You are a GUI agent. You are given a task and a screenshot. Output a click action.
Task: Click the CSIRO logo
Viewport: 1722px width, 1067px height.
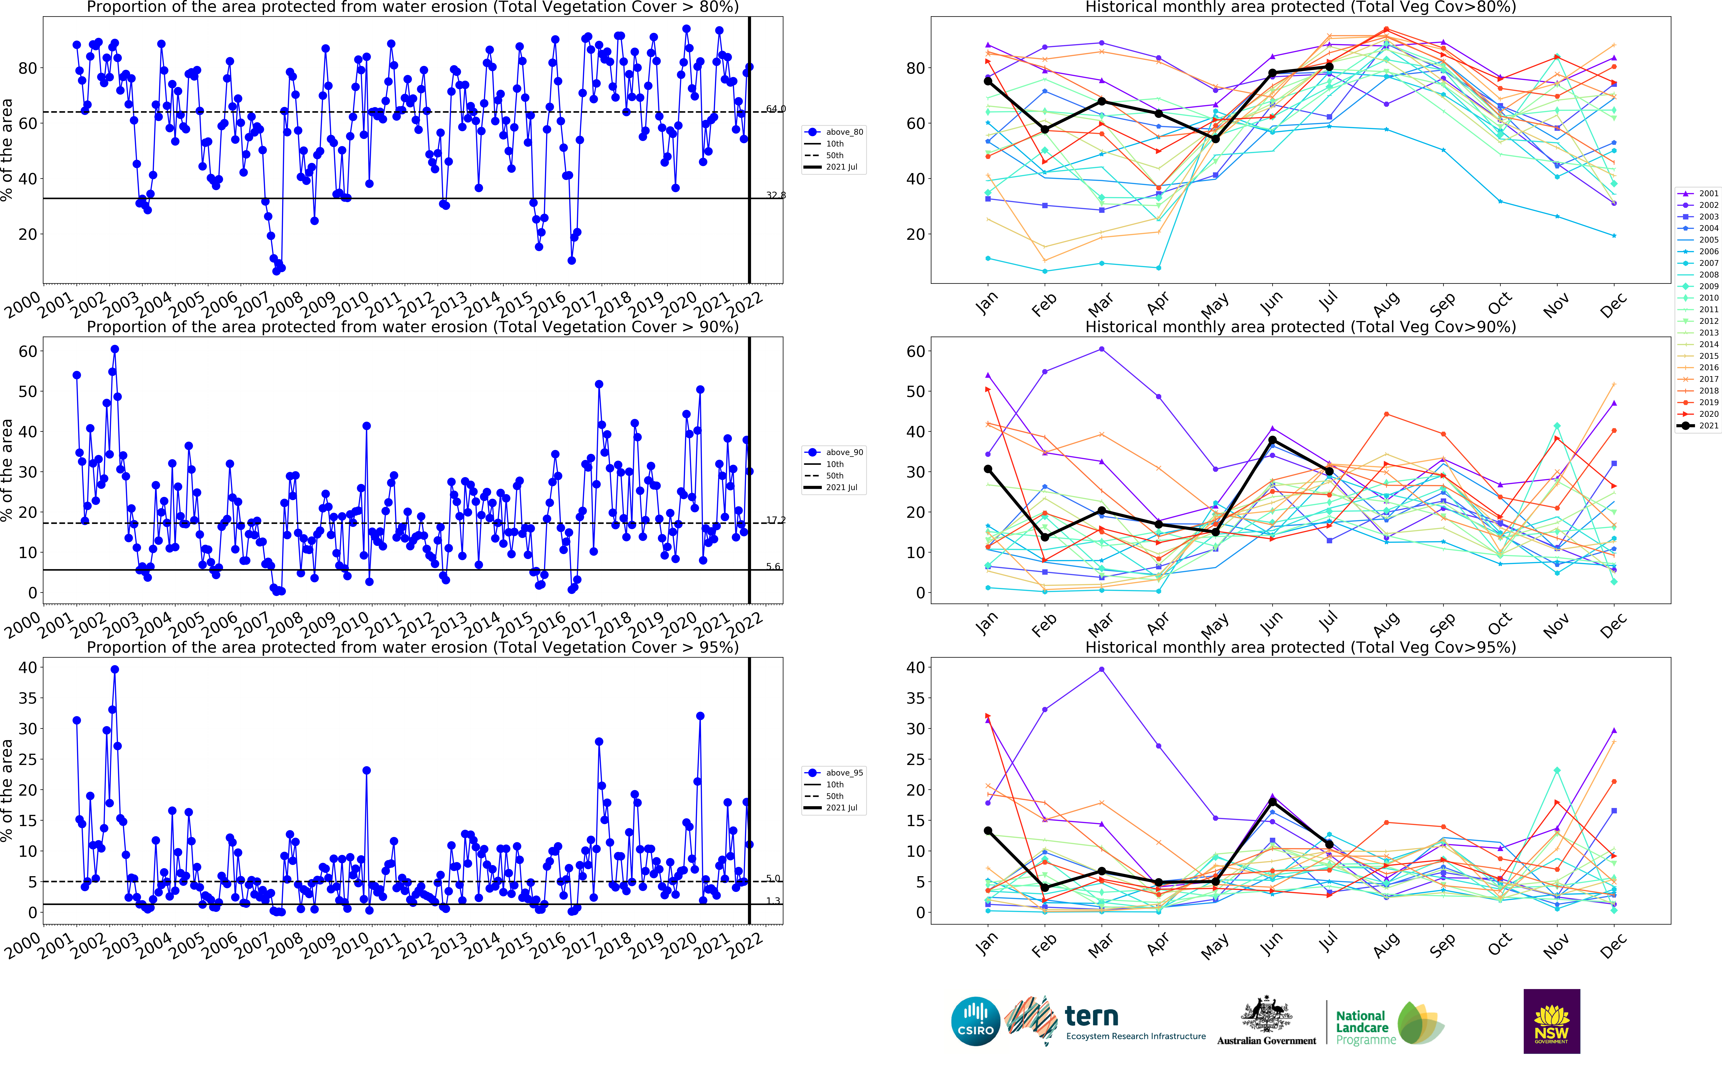tap(975, 1021)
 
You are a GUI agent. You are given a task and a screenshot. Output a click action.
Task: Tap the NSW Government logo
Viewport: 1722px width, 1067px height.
tap(1551, 1021)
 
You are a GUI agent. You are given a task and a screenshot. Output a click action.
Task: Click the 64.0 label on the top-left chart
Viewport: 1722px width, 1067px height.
tap(776, 109)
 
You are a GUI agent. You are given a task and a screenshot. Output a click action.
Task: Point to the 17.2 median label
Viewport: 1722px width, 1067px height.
tap(776, 520)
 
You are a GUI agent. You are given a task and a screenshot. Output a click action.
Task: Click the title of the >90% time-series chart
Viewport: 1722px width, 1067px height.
tap(413, 327)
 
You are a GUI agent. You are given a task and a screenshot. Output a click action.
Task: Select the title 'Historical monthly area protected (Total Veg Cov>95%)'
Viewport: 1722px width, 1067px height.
tap(1300, 647)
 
